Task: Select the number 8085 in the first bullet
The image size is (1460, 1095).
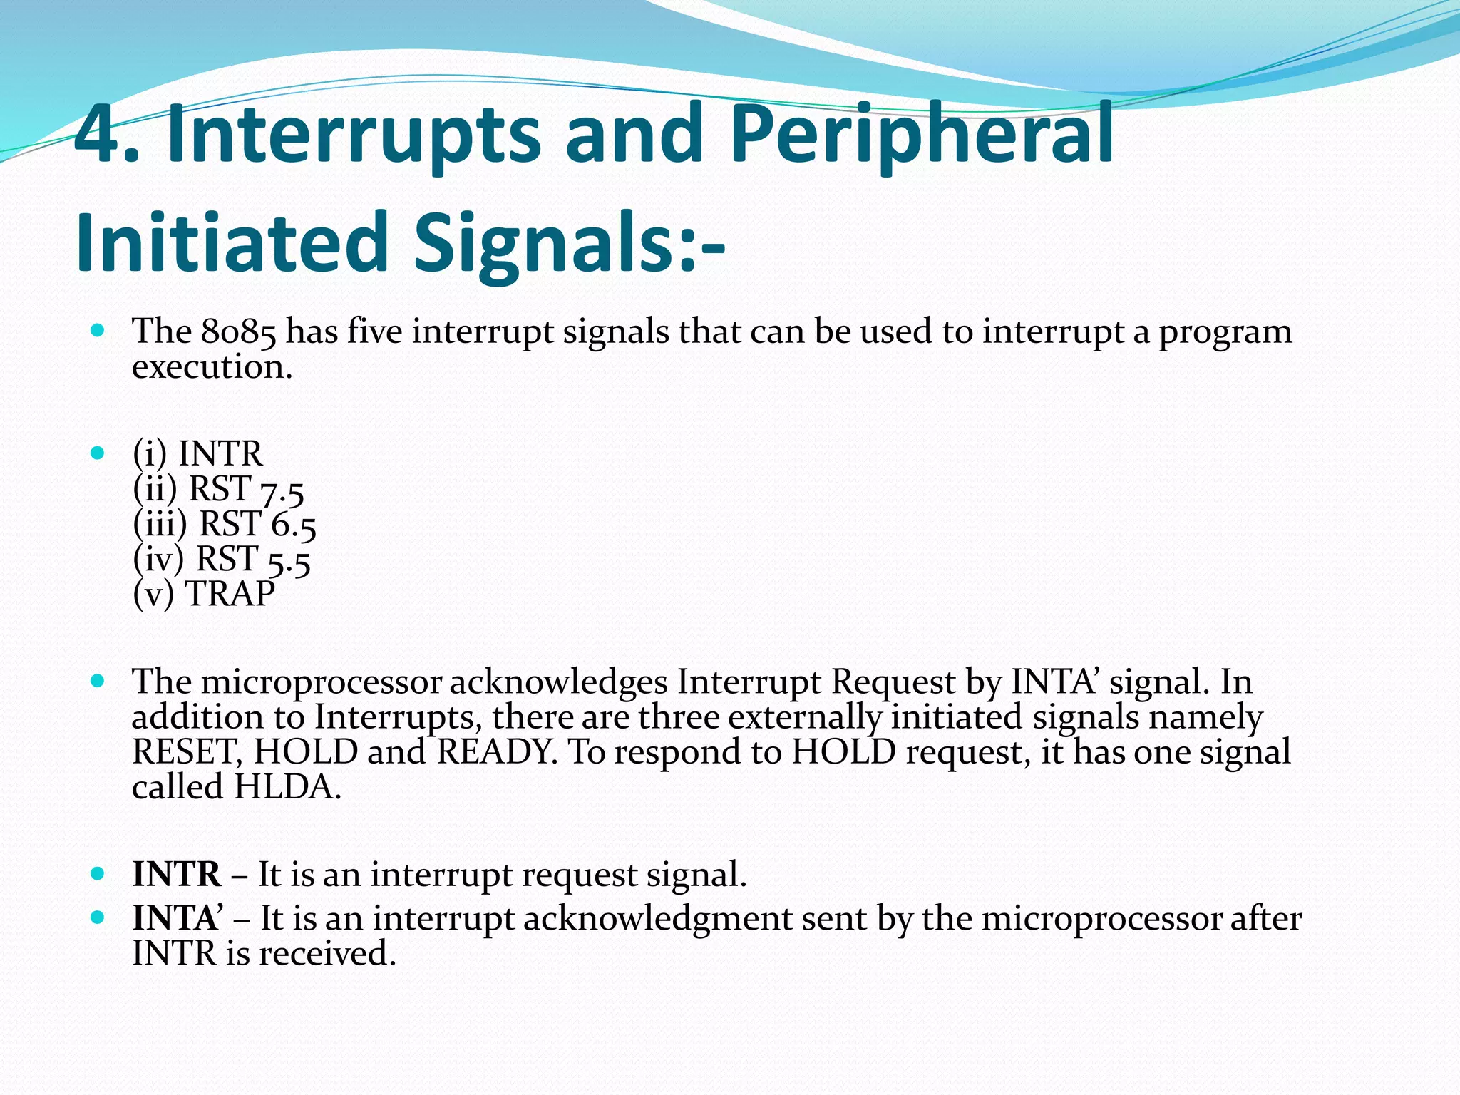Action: point(238,332)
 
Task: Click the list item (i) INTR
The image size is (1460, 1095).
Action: point(197,453)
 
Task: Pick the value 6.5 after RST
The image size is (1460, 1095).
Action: point(293,526)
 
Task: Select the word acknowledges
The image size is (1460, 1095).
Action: point(557,683)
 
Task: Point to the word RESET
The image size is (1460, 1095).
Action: point(187,752)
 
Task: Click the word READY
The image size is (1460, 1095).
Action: point(496,752)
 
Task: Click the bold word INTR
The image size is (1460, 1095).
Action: point(176,875)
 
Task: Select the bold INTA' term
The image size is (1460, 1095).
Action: point(177,919)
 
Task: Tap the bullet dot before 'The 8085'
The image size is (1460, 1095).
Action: point(98,331)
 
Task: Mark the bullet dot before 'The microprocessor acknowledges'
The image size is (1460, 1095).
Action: point(98,681)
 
